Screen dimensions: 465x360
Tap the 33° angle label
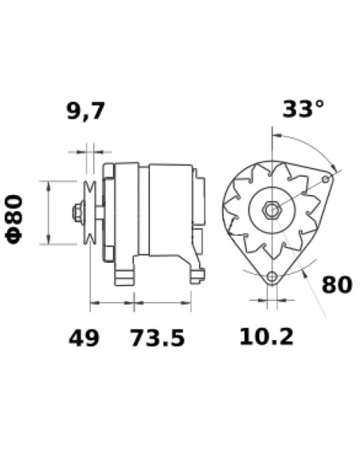click(x=303, y=109)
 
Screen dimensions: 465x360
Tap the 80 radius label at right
click(x=337, y=284)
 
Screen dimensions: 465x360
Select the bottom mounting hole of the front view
click(x=272, y=276)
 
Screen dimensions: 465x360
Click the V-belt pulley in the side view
click(x=90, y=213)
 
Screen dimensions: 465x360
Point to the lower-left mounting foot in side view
click(x=125, y=275)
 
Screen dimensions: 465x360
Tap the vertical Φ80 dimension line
click(x=50, y=213)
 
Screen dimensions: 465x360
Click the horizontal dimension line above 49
click(x=112, y=303)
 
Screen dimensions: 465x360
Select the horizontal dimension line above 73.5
click(x=162, y=303)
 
